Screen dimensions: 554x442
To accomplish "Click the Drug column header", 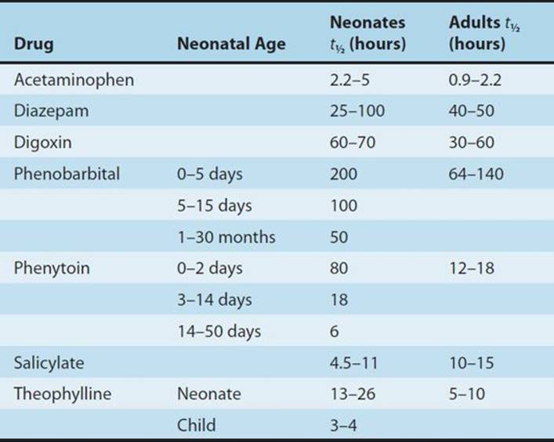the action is coord(34,44).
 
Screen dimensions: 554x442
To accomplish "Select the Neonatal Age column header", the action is coord(231,44).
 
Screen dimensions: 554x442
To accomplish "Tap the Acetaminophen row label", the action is coord(74,80).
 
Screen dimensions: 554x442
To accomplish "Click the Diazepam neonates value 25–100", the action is coord(357,111).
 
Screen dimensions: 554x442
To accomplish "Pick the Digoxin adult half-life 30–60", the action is coord(471,142).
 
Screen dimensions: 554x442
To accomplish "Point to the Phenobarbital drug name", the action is coord(67,174).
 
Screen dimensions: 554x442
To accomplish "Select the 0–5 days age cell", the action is coord(210,174).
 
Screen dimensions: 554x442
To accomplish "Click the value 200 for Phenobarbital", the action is coord(343,174).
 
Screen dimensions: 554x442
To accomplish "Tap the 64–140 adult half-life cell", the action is coord(476,174).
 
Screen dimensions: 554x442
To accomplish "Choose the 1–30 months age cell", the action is coord(226,237).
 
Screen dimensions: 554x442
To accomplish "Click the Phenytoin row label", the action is coord(52,268).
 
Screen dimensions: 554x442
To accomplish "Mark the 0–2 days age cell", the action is coord(210,268).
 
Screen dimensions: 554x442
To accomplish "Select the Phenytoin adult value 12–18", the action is coord(471,268).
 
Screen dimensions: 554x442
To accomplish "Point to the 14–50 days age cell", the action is coord(219,332).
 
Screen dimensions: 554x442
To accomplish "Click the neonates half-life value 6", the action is coord(335,332).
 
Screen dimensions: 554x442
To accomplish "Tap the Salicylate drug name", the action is coord(49,363).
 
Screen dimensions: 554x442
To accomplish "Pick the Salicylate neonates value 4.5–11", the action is coord(353,363).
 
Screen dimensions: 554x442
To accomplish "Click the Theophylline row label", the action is coord(63,393).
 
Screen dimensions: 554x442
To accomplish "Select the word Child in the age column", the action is coord(196,425).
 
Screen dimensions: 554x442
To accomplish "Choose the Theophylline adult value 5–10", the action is coord(467,393).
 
